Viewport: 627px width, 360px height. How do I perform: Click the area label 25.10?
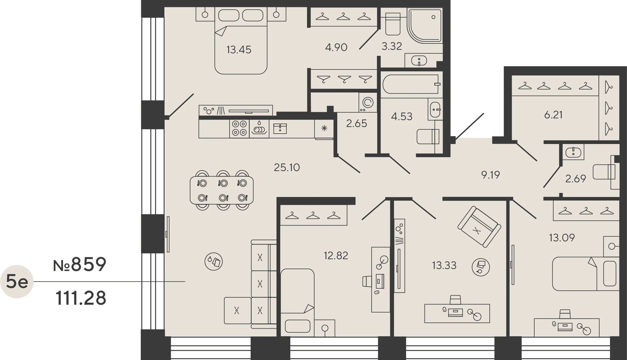click(x=287, y=167)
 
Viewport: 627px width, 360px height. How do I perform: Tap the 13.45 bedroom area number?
click(x=239, y=50)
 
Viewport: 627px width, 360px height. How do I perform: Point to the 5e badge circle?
click(x=17, y=281)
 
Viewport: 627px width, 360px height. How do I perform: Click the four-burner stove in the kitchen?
click(x=239, y=128)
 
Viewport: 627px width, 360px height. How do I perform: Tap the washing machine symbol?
click(x=368, y=102)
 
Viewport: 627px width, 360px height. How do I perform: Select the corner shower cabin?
click(x=425, y=26)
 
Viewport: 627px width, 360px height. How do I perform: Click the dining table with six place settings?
click(x=222, y=190)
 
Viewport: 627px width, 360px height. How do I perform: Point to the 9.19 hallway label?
click(x=490, y=175)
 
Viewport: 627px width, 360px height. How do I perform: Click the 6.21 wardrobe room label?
click(x=553, y=115)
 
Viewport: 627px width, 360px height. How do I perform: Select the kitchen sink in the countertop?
click(x=280, y=128)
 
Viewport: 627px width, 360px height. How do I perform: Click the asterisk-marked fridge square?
click(x=324, y=129)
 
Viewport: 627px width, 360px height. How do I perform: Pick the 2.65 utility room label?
click(x=357, y=124)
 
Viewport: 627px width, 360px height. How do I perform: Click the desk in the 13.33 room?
click(x=457, y=313)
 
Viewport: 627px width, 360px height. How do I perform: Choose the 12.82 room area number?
click(x=336, y=255)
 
